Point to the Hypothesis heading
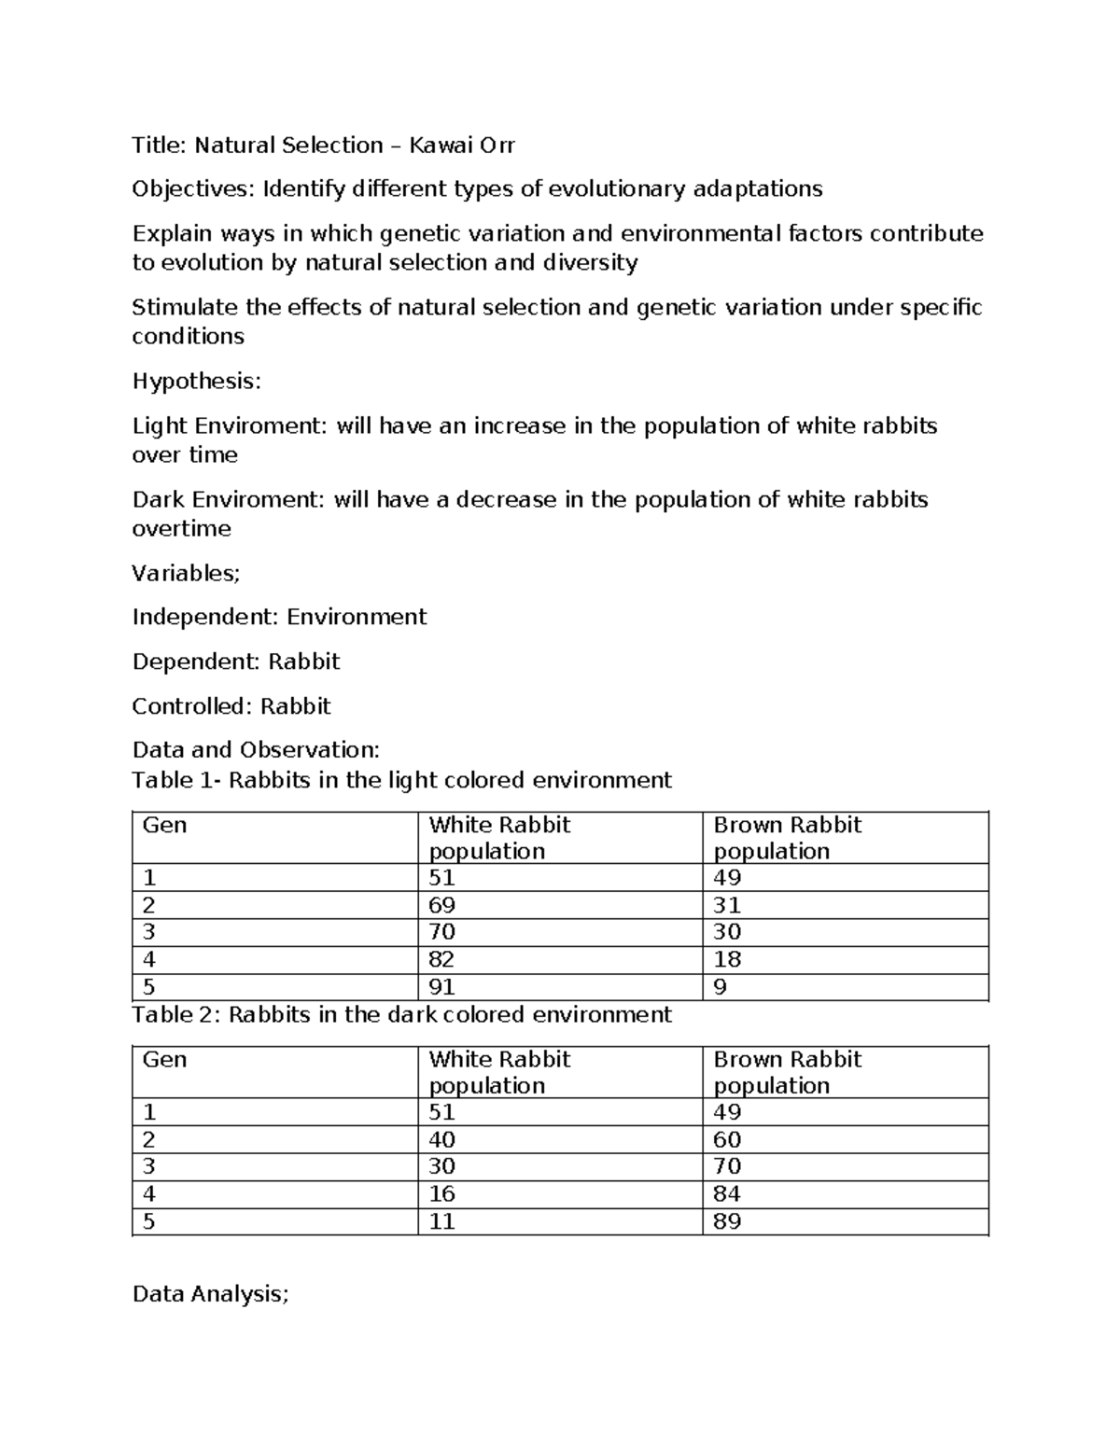pyautogui.click(x=196, y=382)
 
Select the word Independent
pyautogui.click(x=204, y=617)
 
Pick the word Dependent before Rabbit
pyautogui.click(x=196, y=662)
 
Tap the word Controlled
pyautogui.click(x=191, y=706)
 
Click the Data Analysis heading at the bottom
pyautogui.click(x=210, y=1294)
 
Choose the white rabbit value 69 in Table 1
pyautogui.click(x=441, y=905)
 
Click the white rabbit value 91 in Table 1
pyautogui.click(x=441, y=987)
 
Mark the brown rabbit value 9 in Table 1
pyautogui.click(x=720, y=987)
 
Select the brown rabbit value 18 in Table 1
pyautogui.click(x=727, y=959)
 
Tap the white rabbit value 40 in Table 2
pyautogui.click(x=441, y=1139)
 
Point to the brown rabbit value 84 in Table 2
pyautogui.click(x=727, y=1193)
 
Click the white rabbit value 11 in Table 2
pyautogui.click(x=441, y=1221)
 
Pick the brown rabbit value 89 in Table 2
pyautogui.click(x=727, y=1221)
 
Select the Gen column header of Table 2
pyautogui.click(x=164, y=1060)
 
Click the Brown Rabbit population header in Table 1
pyautogui.click(x=787, y=838)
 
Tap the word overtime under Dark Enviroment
pyautogui.click(x=181, y=529)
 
